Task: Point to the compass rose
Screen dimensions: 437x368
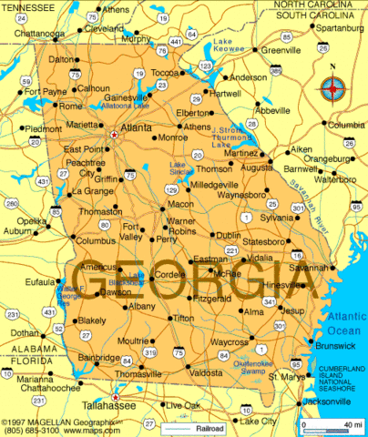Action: [333, 89]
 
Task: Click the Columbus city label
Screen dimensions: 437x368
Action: [95, 241]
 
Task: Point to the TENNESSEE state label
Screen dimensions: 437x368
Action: [30, 6]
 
